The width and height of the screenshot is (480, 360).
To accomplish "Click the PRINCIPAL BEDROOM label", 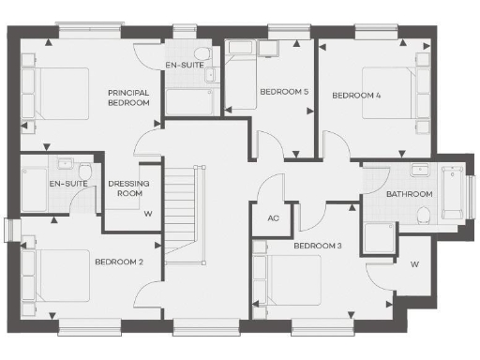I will click(x=129, y=97).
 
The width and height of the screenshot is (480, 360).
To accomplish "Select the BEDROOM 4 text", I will click(x=356, y=96).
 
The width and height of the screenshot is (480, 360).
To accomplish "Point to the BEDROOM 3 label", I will click(x=317, y=246).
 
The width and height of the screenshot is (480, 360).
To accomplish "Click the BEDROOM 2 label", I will click(x=118, y=262).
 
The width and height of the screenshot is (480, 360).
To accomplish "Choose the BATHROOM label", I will click(x=410, y=194).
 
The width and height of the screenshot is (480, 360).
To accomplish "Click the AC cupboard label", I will click(x=274, y=218).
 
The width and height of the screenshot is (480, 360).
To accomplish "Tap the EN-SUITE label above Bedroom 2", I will click(x=68, y=184).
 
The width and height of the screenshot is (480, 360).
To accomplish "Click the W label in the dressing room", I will click(x=147, y=213).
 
